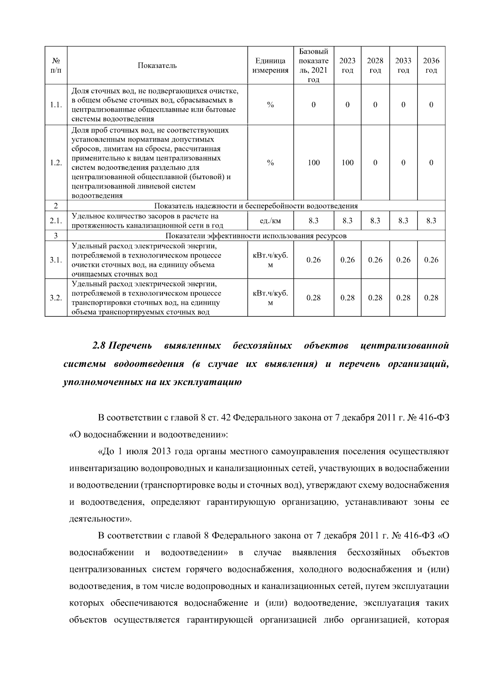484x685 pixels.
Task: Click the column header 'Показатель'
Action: (x=157, y=66)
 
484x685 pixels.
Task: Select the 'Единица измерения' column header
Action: (x=270, y=66)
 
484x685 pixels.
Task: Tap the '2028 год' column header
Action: (x=375, y=66)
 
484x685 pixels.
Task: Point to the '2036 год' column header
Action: (x=431, y=66)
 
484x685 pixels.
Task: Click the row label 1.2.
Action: (x=56, y=163)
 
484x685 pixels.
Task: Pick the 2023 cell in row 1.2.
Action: (x=347, y=163)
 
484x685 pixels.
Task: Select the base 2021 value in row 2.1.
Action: (x=313, y=221)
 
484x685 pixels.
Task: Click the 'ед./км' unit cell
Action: (x=270, y=221)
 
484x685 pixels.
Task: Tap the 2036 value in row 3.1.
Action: (x=431, y=260)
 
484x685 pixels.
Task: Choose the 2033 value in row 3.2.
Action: (x=403, y=298)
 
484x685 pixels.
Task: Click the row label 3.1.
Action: (x=56, y=260)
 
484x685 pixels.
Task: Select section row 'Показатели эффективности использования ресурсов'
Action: (x=256, y=236)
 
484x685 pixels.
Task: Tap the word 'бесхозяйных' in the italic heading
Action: (x=262, y=346)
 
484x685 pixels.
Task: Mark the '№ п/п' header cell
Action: (x=56, y=66)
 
